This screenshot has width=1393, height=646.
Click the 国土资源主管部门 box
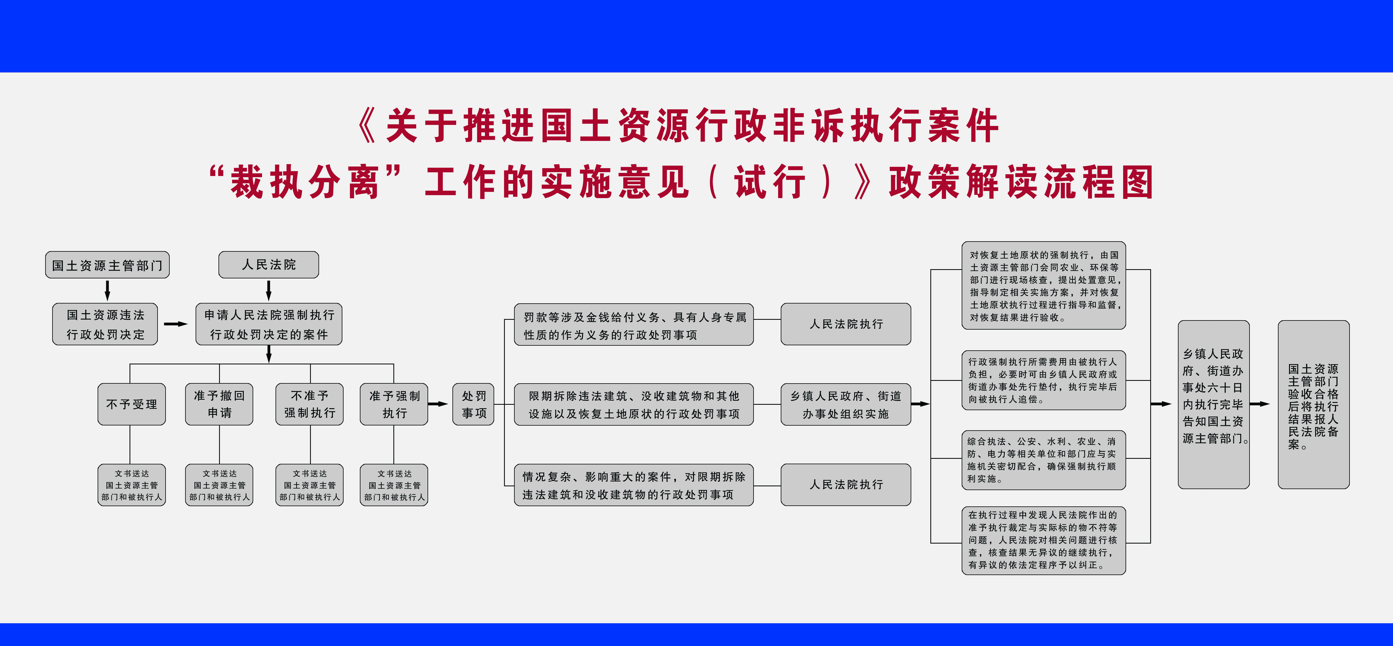[x=107, y=265]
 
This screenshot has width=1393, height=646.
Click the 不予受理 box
[x=131, y=404]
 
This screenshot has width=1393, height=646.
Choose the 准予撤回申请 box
[x=219, y=404]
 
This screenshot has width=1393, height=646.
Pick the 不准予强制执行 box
[x=309, y=404]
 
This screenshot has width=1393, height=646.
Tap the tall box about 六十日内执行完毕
[x=1213, y=404]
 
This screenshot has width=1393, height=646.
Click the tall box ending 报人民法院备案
[x=1313, y=404]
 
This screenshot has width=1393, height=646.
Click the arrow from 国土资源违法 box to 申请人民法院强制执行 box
[x=175, y=324]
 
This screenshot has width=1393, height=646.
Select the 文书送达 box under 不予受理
[x=131, y=485]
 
